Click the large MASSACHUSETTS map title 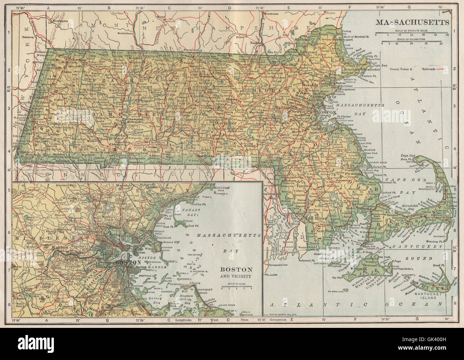pos(412,22)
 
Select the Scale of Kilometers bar pos(412,42)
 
